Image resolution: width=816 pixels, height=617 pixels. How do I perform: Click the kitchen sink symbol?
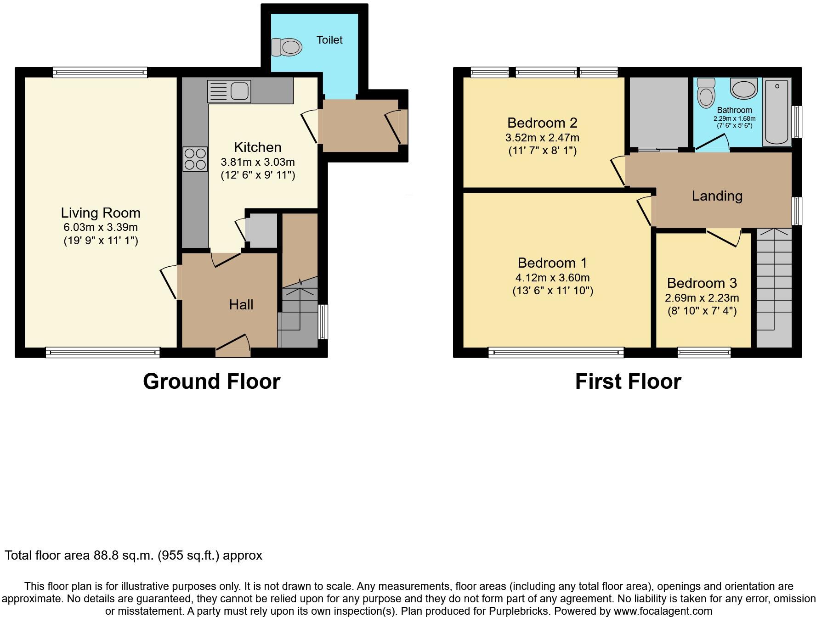pyautogui.click(x=229, y=91)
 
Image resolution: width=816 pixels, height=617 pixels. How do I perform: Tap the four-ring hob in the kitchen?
pyautogui.click(x=195, y=159)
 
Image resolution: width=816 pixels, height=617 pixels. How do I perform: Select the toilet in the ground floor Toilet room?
pyautogui.click(x=287, y=47)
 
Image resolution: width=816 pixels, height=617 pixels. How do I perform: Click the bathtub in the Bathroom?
pyautogui.click(x=776, y=112)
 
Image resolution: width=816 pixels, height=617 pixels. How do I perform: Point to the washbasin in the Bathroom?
pyautogui.click(x=743, y=88)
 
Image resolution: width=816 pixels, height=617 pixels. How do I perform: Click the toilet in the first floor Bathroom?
pyautogui.click(x=706, y=92)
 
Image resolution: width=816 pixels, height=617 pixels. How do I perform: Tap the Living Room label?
pyautogui.click(x=101, y=213)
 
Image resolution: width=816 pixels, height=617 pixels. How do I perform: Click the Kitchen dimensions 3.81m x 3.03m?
pyautogui.click(x=258, y=162)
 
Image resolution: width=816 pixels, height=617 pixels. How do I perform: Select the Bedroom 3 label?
pyautogui.click(x=702, y=283)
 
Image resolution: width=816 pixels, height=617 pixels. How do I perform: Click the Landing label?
pyautogui.click(x=717, y=196)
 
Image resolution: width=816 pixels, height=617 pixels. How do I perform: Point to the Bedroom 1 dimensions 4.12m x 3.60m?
pyautogui.click(x=552, y=278)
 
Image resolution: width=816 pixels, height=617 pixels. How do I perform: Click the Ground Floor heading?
pyautogui.click(x=211, y=381)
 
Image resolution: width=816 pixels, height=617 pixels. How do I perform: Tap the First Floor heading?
pyautogui.click(x=628, y=381)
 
